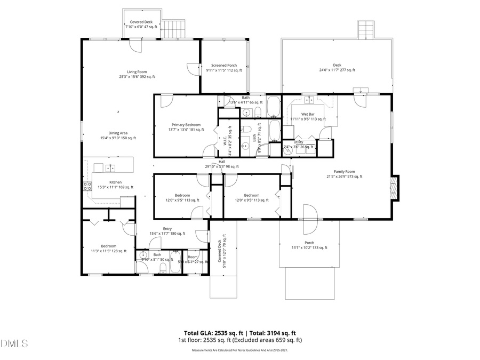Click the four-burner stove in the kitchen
87,187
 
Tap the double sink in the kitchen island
110,169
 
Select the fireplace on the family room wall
394,188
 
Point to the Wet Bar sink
309,100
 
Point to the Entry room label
167,228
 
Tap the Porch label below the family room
309,243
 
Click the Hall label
222,162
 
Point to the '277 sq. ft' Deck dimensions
337,70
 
